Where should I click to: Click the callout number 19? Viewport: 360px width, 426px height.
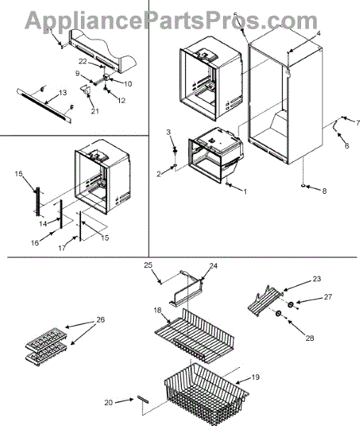pos(255,377)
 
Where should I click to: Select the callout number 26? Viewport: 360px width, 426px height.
pos(101,319)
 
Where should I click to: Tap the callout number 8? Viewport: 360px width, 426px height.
pos(324,191)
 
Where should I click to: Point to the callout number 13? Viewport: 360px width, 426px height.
pos(62,92)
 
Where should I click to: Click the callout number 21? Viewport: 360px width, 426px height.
pos(95,111)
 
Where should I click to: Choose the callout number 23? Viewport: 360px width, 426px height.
pos(317,279)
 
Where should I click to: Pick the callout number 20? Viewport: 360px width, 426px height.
pos(109,402)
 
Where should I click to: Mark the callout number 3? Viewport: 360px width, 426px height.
pos(168,132)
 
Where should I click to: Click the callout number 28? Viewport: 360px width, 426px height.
pos(310,338)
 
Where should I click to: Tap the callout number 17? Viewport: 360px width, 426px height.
pos(62,248)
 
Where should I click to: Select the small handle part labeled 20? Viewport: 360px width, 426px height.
pos(143,400)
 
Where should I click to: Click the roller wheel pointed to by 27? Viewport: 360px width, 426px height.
pos(290,305)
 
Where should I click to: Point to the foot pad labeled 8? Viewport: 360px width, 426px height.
pos(303,186)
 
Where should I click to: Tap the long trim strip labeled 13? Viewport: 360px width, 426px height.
pos(44,106)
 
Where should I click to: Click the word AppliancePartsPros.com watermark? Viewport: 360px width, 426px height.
pos(171,21)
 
